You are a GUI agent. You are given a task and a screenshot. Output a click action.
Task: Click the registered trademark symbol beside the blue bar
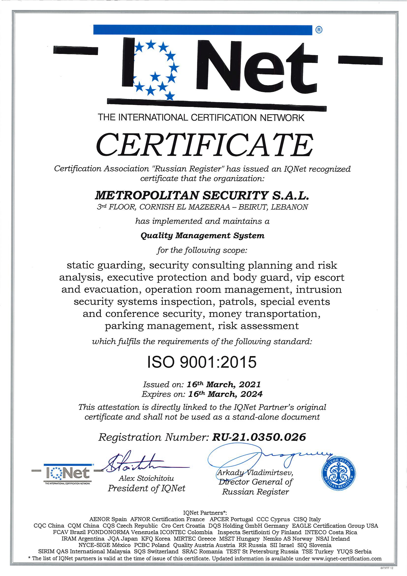319,30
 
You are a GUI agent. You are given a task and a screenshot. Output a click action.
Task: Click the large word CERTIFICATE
204,145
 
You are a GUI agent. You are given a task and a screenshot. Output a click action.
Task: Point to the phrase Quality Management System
203,236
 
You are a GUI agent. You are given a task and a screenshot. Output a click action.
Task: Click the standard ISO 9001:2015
202,362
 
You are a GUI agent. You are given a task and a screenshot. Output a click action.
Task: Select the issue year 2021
250,385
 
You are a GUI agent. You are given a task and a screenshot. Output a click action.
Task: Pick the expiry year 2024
251,394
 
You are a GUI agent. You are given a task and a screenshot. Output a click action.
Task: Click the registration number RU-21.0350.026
259,437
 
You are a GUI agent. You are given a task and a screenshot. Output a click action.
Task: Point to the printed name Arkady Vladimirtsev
255,473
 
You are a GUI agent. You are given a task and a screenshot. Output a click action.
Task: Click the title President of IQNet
147,488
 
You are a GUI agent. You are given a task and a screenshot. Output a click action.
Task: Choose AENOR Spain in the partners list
108,519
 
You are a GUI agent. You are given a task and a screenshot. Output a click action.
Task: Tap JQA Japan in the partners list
123,539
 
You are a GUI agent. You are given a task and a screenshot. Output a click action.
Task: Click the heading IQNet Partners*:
205,513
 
